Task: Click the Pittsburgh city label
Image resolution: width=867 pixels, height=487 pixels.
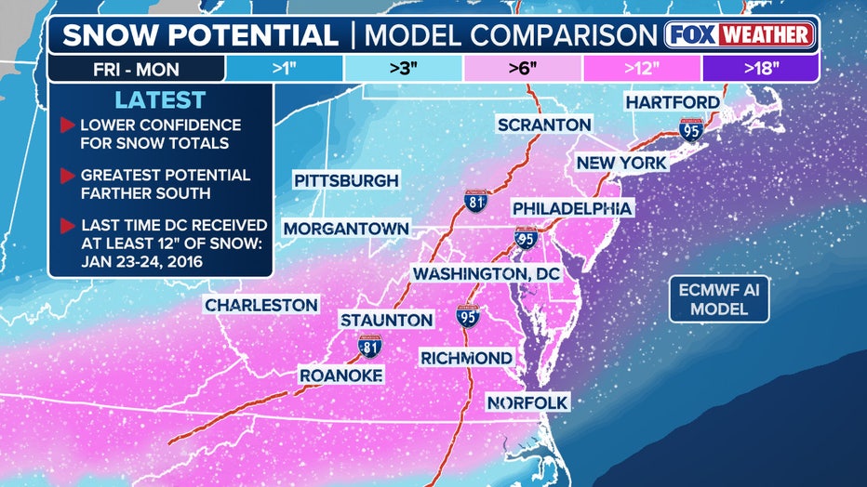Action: point(346,180)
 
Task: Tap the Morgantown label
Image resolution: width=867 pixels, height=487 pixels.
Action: point(346,228)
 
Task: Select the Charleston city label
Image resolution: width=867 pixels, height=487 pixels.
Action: point(261,305)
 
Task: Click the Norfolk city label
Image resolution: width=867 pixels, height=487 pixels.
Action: point(527,402)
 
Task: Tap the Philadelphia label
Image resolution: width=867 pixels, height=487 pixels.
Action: point(572,208)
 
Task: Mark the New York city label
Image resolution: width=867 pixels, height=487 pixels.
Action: point(621,163)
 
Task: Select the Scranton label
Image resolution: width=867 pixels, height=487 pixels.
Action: point(544,125)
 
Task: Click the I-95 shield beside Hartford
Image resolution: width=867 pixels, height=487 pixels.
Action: point(690,129)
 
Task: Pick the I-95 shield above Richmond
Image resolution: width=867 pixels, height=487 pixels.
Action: point(468,317)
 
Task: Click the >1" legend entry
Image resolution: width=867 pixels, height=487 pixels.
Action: point(284,68)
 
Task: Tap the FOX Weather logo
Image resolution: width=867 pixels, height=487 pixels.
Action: point(740,35)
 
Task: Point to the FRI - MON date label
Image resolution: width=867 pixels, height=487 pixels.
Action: point(136,69)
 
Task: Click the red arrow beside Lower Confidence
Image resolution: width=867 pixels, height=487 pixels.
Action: point(66,125)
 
